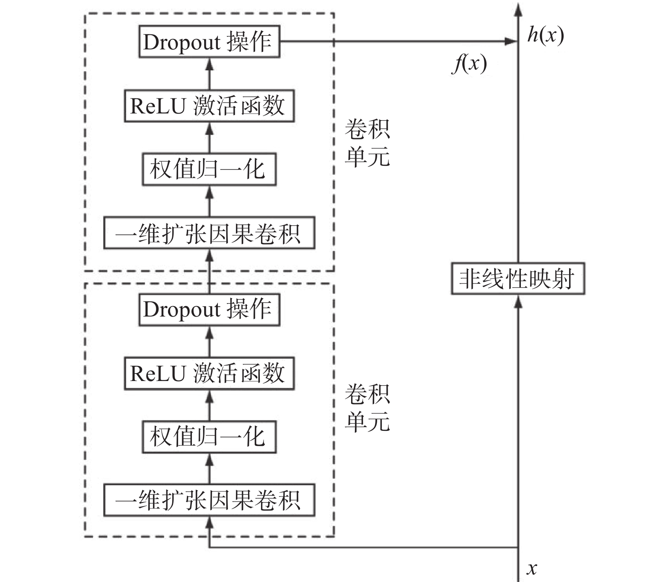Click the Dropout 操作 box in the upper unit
tap(209, 41)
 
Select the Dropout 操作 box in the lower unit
tap(209, 309)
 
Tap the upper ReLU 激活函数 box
tap(209, 106)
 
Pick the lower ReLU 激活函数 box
tap(209, 373)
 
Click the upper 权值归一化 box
tap(209, 169)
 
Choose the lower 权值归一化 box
tap(209, 437)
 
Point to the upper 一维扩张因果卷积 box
tap(209, 233)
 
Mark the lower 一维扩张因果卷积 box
tap(209, 500)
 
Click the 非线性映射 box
tap(518, 278)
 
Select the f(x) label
tap(469, 64)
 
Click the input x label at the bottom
tap(532, 568)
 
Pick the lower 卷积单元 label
tap(367, 408)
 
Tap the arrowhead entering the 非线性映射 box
tap(518, 301)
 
